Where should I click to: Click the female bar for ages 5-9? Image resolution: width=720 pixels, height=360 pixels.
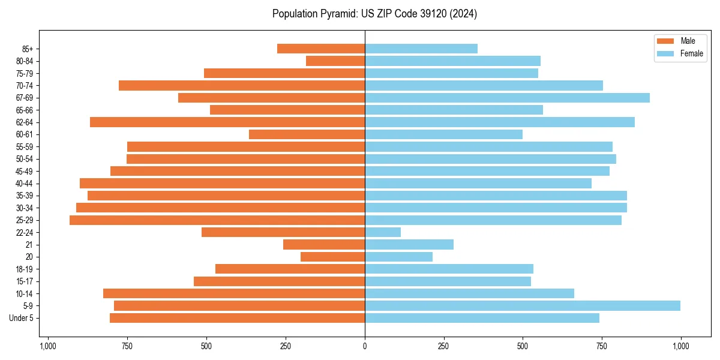click(522, 306)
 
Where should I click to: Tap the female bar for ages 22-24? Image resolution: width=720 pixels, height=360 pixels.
click(383, 232)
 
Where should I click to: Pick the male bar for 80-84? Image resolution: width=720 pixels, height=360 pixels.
click(335, 61)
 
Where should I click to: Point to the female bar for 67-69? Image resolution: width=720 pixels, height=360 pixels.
click(507, 98)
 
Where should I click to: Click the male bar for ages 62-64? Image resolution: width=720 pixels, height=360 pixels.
click(227, 122)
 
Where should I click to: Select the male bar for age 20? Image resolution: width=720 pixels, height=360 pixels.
click(332, 257)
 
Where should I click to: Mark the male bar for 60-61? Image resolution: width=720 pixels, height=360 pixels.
click(307, 134)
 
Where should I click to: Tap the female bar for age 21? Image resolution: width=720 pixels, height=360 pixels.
click(409, 245)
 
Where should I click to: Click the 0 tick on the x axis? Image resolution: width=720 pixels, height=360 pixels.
click(365, 346)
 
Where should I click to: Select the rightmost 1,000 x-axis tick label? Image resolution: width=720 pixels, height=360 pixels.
click(680, 346)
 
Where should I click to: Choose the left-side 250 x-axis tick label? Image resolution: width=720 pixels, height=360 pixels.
click(286, 346)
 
